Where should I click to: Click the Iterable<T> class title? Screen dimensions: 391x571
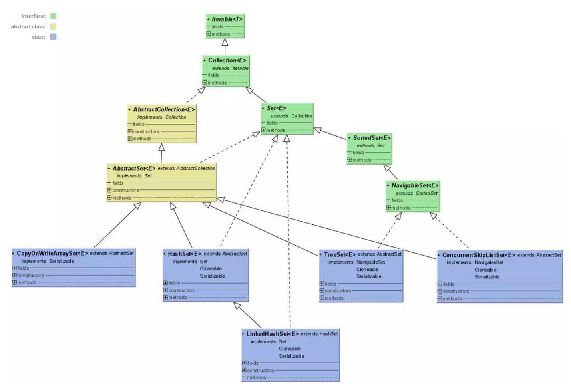click(x=227, y=19)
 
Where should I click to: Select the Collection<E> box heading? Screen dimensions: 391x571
click(x=227, y=60)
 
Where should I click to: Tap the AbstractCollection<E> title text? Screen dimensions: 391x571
click(x=164, y=109)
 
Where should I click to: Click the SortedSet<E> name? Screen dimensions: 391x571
click(x=371, y=138)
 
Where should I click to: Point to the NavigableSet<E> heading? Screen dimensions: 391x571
click(x=415, y=185)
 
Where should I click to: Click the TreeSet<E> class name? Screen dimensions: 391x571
click(x=340, y=254)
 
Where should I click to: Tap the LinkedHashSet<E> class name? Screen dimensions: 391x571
click(x=272, y=334)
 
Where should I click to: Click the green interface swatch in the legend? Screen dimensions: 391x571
click(x=53, y=16)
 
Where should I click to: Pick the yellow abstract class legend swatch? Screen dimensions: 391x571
click(x=53, y=26)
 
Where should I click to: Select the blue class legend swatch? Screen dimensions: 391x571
click(x=53, y=37)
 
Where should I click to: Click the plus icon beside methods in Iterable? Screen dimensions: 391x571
click(x=209, y=34)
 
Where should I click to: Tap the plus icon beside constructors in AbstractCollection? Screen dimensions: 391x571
click(x=130, y=131)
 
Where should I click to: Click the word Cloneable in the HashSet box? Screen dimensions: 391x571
click(x=211, y=269)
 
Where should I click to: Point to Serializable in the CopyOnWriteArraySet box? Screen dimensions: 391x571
click(x=62, y=261)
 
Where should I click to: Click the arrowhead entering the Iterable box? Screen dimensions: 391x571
click(x=225, y=42)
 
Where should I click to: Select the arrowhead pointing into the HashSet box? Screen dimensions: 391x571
click(x=237, y=306)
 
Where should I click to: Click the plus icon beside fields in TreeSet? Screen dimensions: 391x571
click(x=322, y=284)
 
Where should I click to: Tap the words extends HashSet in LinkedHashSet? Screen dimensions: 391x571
click(x=319, y=334)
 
